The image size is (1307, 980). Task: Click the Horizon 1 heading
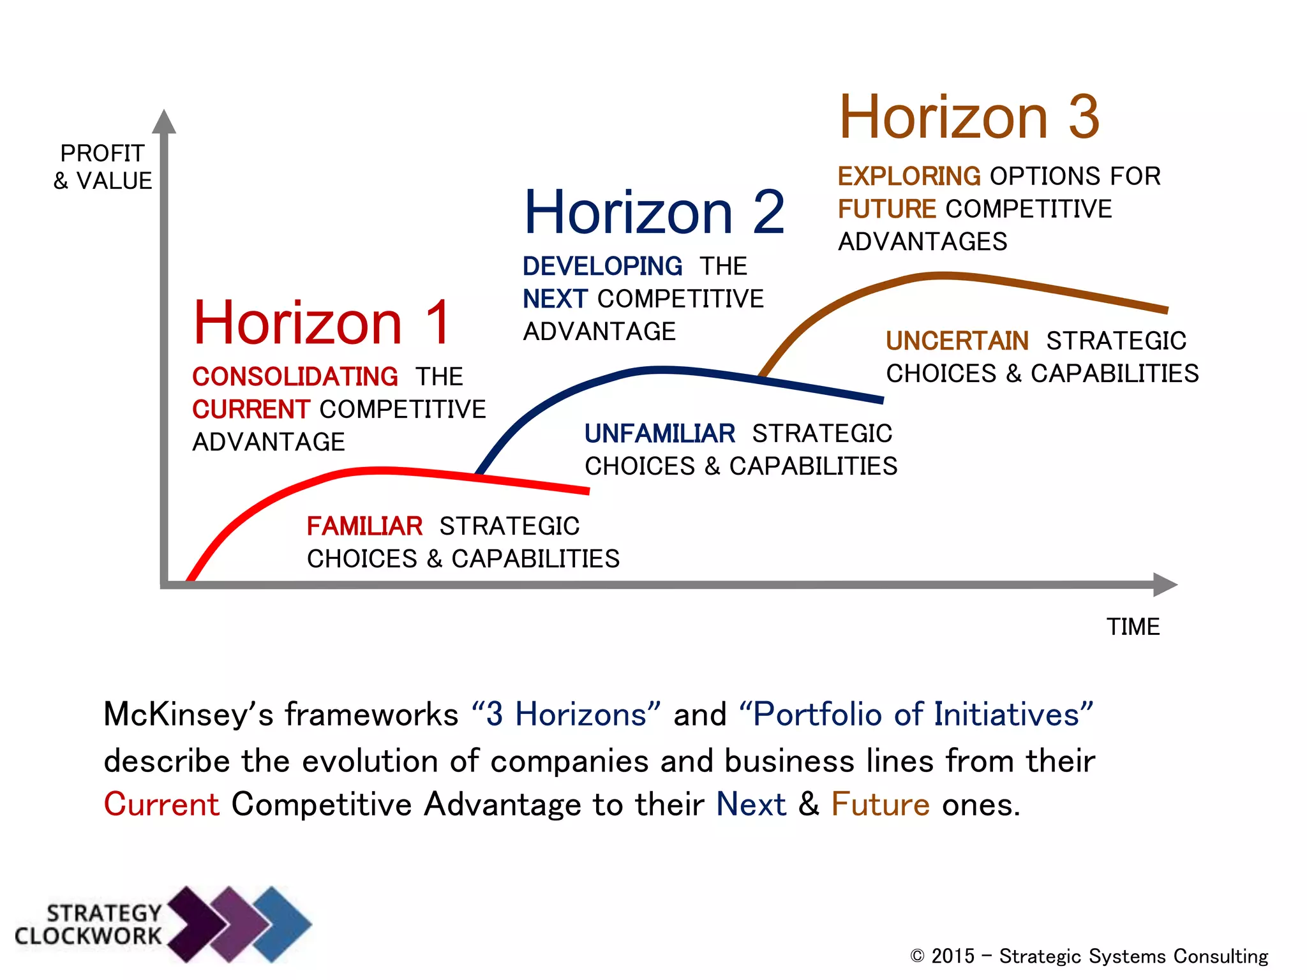click(322, 323)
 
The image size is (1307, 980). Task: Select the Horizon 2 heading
click(653, 212)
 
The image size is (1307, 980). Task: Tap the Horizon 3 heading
click(969, 117)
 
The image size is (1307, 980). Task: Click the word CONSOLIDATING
click(295, 376)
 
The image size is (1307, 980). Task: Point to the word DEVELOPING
click(602, 266)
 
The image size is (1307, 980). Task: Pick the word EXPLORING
click(909, 176)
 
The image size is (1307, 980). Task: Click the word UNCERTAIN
click(957, 341)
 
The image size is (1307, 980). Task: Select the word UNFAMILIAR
click(659, 434)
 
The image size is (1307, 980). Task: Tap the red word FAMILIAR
click(364, 526)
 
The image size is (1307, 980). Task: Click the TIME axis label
click(1133, 627)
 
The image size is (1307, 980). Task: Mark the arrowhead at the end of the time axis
click(1165, 584)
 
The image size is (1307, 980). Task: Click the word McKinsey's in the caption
click(188, 714)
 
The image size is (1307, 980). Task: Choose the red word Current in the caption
click(161, 804)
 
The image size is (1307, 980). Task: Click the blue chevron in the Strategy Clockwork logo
click(281, 923)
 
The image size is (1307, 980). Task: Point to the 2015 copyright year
click(953, 956)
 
